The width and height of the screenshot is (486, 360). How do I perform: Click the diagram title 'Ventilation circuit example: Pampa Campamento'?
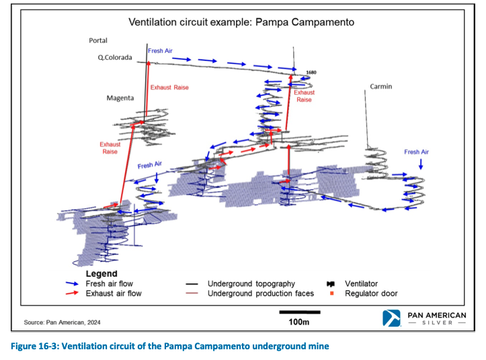[241, 22]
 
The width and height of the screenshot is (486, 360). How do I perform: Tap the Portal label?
[98, 40]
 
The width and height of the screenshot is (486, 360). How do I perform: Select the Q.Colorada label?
[115, 58]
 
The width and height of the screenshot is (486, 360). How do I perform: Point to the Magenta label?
[120, 98]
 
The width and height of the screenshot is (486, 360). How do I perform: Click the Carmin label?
[381, 87]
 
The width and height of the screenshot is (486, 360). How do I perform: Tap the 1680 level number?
[311, 73]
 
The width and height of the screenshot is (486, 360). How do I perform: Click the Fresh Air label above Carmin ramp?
[416, 152]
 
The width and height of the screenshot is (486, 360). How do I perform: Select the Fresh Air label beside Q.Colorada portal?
[160, 51]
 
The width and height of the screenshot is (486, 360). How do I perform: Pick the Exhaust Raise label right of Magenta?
[169, 88]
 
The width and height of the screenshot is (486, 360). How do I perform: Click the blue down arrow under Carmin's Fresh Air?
[421, 164]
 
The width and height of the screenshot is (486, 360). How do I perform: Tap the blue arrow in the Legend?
[72, 283]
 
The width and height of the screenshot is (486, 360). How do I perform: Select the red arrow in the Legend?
[72, 293]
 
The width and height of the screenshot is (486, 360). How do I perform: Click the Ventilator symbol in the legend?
[331, 284]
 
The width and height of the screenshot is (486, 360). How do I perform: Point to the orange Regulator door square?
[331, 293]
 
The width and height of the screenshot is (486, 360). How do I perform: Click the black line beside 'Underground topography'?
[192, 284]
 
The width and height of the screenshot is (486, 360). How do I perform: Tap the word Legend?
[102, 274]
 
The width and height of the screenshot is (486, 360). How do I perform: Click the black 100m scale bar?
[300, 312]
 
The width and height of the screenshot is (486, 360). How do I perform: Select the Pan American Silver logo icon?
[391, 318]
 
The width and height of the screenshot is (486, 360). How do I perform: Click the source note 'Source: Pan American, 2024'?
[62, 322]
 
